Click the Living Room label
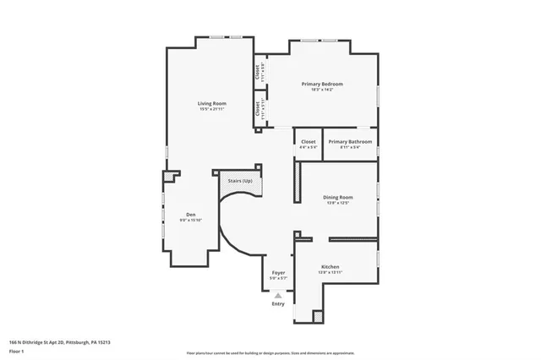click(x=209, y=103)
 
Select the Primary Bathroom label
click(x=349, y=141)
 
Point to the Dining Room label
click(x=336, y=198)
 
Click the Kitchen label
click(x=330, y=266)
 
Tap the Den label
click(x=191, y=215)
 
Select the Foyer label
click(x=278, y=272)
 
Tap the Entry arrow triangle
click(x=278, y=296)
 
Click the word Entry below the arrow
click(x=278, y=304)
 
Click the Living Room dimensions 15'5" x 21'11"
click(x=209, y=109)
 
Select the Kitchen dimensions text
click(x=330, y=272)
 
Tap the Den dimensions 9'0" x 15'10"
click(x=191, y=220)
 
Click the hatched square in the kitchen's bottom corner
click(x=318, y=317)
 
